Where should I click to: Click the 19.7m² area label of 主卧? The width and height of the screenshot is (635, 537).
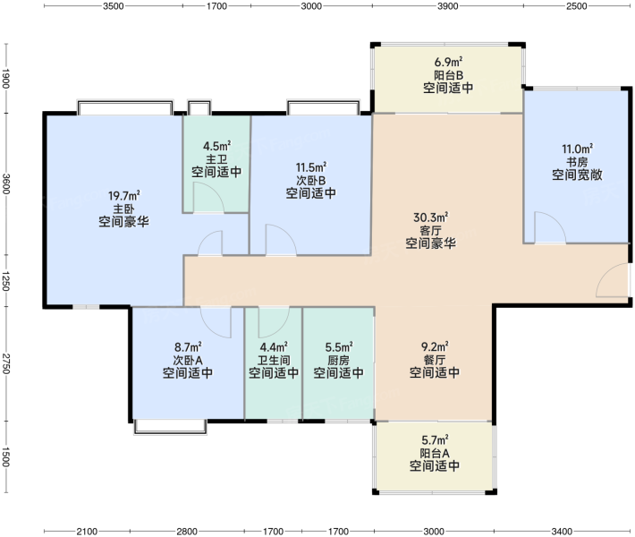[x=124, y=196]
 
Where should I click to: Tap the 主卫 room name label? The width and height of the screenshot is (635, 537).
[x=216, y=159]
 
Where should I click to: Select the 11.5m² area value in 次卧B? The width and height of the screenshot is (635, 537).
[x=311, y=167]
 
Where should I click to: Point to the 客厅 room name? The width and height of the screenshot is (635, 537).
[x=430, y=231]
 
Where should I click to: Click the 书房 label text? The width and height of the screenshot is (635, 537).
[x=577, y=162]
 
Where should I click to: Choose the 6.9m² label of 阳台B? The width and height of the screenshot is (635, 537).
[x=448, y=62]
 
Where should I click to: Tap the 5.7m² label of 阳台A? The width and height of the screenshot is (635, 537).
[x=435, y=439]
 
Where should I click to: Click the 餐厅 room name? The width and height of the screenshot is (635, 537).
[x=435, y=360]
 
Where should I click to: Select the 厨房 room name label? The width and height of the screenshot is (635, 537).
[x=339, y=360]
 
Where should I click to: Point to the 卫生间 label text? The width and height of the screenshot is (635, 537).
[x=274, y=360]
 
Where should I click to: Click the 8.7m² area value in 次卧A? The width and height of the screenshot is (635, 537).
[x=188, y=347]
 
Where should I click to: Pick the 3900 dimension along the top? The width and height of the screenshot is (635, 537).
[x=447, y=6]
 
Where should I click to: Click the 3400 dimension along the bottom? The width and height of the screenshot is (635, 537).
[x=562, y=531]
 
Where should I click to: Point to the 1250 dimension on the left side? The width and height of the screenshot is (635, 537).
[x=5, y=280]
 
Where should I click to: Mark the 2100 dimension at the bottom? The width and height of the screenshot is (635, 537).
[x=87, y=531]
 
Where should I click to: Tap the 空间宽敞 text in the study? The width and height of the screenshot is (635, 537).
[x=577, y=175]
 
